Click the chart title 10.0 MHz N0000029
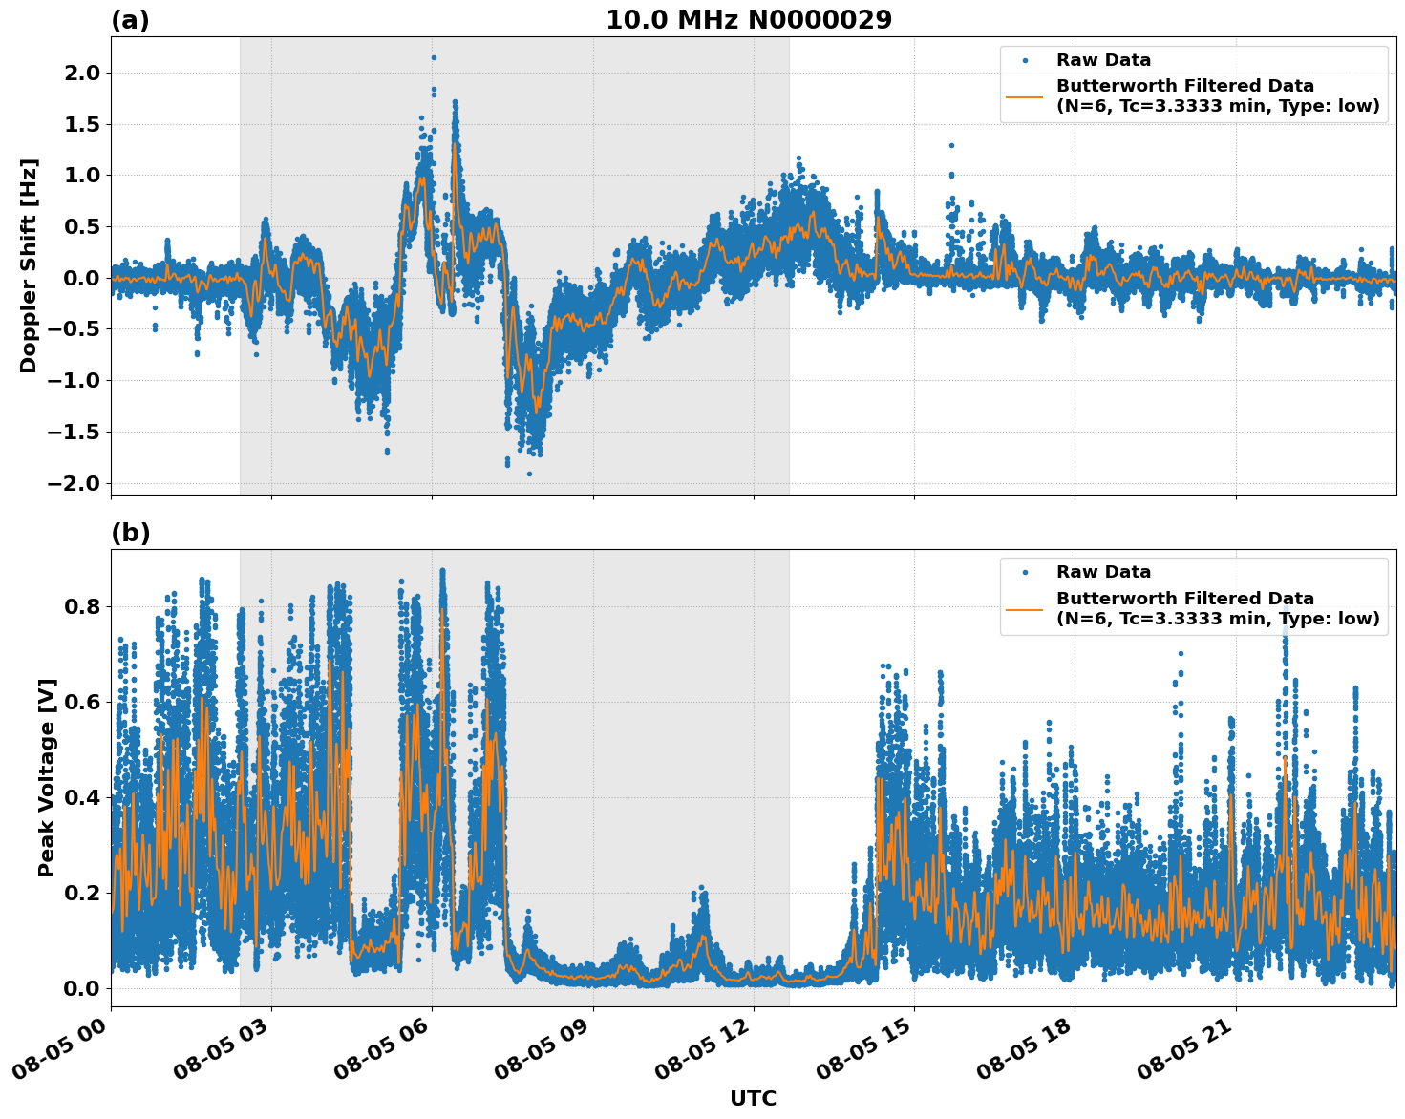click(x=748, y=20)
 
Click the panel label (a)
click(x=130, y=20)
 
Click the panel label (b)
click(x=130, y=533)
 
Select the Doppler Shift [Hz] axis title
click(x=29, y=265)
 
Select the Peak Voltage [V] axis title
click(x=47, y=777)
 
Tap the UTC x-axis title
click(x=753, y=1098)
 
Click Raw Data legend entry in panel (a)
click(x=1103, y=60)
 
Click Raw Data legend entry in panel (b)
click(x=1103, y=572)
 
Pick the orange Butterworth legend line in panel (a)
click(x=1024, y=96)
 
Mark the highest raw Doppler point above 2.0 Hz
click(x=434, y=57)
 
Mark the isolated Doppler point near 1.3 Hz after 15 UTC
click(x=951, y=145)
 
